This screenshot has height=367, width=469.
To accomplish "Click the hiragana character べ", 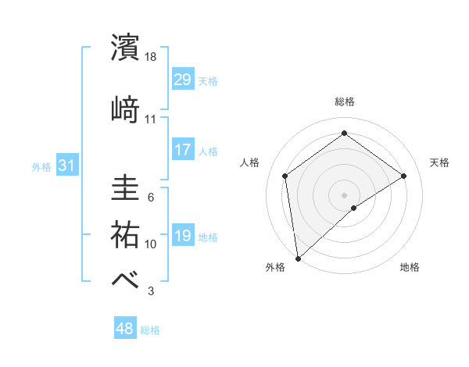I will [125, 279].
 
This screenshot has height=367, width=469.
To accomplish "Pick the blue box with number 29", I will [183, 80].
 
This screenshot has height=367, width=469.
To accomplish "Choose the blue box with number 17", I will [183, 150].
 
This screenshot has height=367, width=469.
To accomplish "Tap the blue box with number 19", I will [183, 236].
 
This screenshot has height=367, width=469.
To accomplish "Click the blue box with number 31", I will [67, 166].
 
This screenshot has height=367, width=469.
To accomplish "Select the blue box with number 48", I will [125, 329].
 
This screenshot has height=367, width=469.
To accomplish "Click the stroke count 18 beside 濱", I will [151, 57].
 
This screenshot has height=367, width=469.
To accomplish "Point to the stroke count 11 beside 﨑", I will [151, 119].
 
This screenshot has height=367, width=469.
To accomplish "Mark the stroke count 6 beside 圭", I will [151, 198].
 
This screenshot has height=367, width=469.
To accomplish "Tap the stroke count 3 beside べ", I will [151, 291].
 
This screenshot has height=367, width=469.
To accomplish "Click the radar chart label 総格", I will [344, 102].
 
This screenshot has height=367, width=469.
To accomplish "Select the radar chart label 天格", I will [439, 162].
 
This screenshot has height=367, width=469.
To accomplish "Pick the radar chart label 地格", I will [410, 268].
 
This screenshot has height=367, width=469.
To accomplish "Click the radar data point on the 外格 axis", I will [298, 258].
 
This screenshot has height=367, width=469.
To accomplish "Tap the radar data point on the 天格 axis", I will [403, 176].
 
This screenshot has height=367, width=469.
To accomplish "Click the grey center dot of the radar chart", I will [344, 194].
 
